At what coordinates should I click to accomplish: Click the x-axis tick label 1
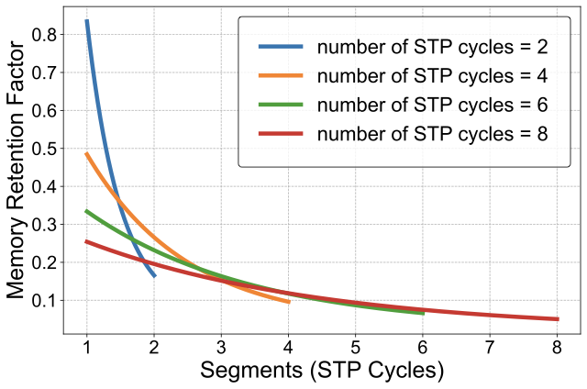pyautogui.click(x=86, y=349)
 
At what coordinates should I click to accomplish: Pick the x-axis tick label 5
pyautogui.click(x=355, y=349)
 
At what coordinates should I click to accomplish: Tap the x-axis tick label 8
pyautogui.click(x=557, y=349)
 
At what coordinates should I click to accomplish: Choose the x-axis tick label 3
pyautogui.click(x=221, y=349)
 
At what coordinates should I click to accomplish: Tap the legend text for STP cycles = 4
pyautogui.click(x=432, y=75)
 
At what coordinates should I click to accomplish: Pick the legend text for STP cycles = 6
pyautogui.click(x=432, y=105)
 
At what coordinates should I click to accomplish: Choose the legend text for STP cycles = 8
pyautogui.click(x=432, y=134)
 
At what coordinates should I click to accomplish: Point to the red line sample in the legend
pyautogui.click(x=281, y=134)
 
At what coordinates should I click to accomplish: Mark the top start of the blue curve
pyautogui.click(x=86, y=21)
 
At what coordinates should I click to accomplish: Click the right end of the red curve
pyautogui.click(x=557, y=319)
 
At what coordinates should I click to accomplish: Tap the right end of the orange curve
pyautogui.click(x=288, y=301)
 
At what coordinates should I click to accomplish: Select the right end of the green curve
pyautogui.click(x=423, y=314)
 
